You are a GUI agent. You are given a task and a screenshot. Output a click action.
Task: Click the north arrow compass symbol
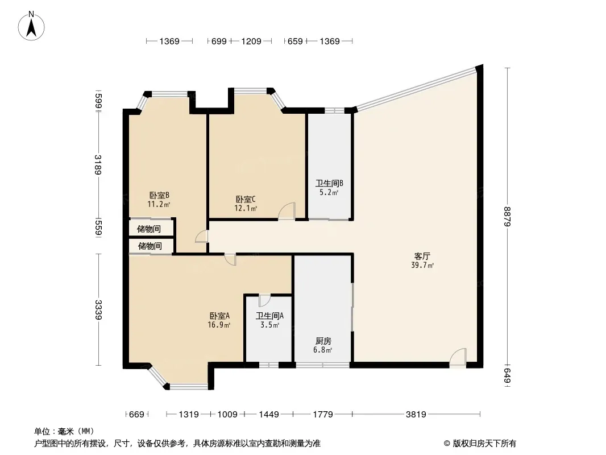31,26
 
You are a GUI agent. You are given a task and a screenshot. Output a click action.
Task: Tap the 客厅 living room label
422,257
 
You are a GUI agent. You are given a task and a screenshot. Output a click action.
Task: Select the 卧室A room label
219,316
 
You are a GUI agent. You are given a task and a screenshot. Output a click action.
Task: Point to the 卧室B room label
159,195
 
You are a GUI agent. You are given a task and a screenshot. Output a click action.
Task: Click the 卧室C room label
246,200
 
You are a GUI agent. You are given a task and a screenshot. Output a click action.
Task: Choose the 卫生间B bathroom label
329,183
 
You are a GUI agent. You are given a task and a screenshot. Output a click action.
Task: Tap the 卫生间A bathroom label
270,316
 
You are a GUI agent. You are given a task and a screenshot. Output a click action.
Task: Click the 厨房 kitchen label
323,341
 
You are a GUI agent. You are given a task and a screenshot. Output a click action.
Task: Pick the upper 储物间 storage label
149,229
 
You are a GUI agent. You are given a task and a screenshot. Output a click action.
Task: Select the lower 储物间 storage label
150,246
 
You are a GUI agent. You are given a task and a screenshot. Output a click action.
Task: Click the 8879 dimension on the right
508,217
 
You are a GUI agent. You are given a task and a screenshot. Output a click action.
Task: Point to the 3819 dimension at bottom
416,415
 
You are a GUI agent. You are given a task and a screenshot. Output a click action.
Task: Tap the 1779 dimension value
323,415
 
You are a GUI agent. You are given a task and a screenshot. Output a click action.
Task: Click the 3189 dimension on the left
98,165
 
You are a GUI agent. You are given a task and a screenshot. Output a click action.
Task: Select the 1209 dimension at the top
251,41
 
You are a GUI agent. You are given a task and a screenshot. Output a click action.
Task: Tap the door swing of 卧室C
287,211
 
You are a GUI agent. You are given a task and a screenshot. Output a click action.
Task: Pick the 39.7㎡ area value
422,265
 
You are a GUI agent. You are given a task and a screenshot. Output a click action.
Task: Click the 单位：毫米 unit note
64,431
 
